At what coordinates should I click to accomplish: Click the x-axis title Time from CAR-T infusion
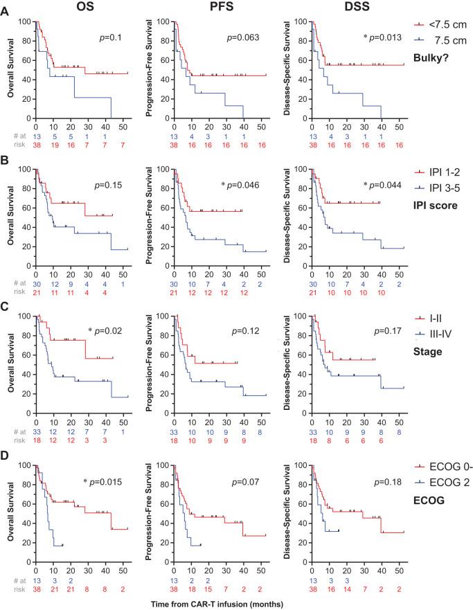[219, 604]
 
